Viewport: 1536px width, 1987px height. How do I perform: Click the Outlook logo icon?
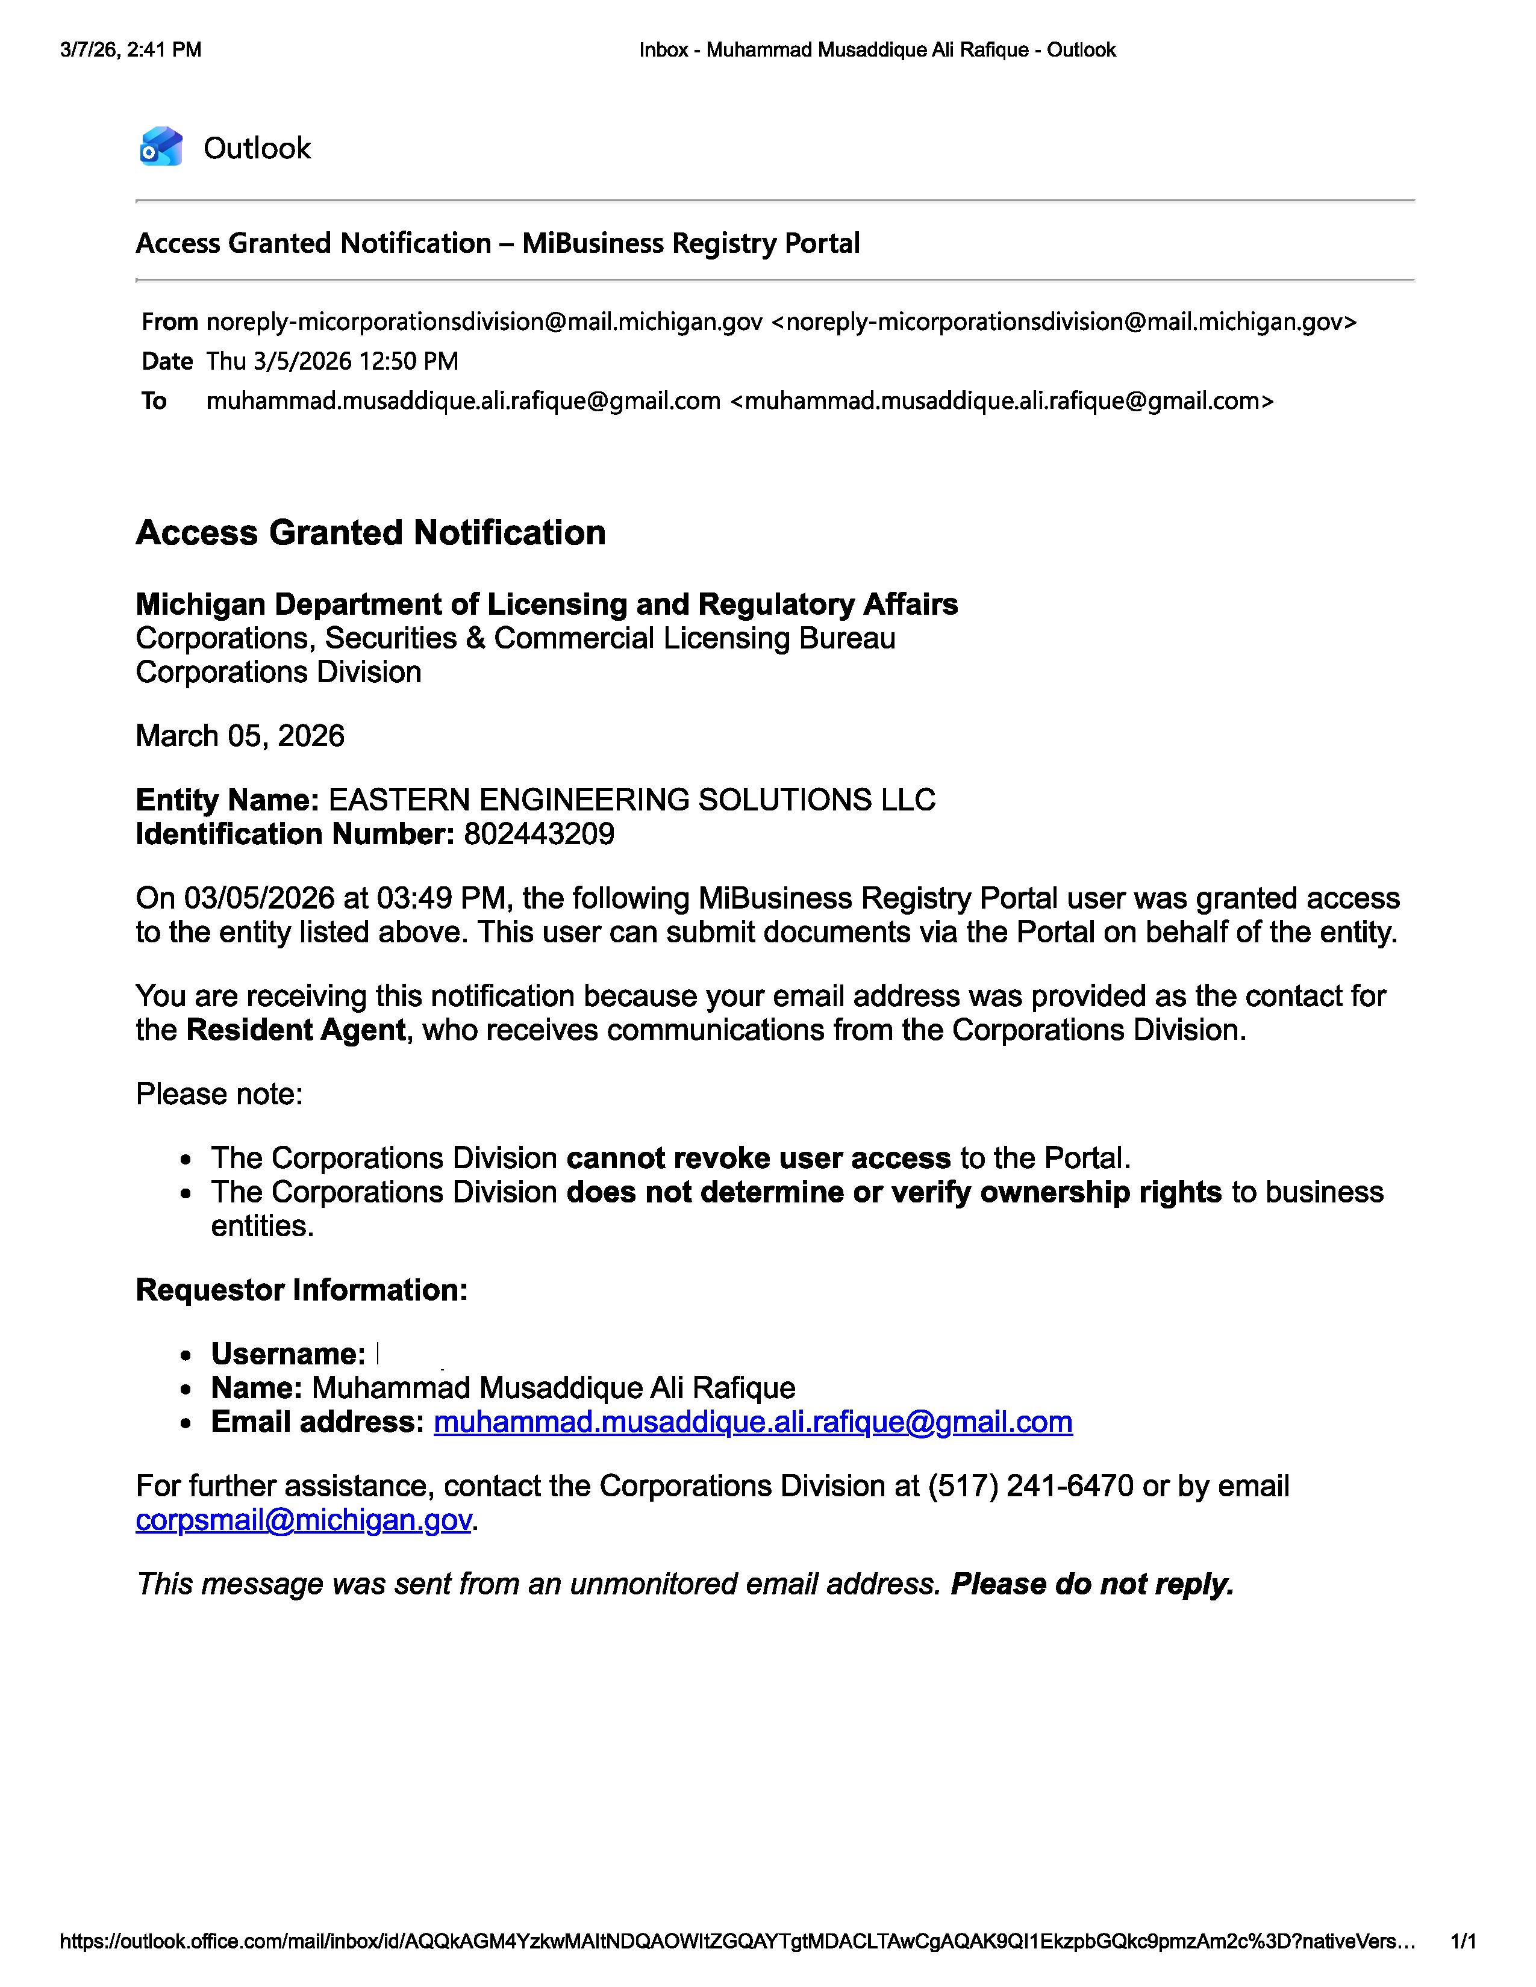(x=161, y=146)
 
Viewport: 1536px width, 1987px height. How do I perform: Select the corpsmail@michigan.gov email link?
(x=303, y=1520)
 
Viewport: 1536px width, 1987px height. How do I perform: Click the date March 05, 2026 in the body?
(x=240, y=735)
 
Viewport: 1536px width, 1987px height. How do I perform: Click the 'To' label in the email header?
(x=154, y=400)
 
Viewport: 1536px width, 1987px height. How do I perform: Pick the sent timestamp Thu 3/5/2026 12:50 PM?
(x=332, y=361)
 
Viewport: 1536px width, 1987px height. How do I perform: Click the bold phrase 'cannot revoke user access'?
(x=758, y=1157)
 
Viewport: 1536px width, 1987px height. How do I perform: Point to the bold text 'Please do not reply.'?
(x=1092, y=1584)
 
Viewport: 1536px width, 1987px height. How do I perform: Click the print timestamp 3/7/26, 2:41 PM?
(x=131, y=50)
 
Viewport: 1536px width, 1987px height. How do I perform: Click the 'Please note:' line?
(x=219, y=1093)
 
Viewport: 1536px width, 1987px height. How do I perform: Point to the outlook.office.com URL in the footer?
(x=737, y=1941)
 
